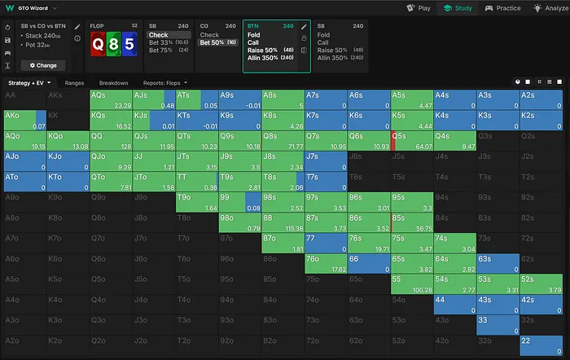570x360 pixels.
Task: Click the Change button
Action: pos(42,64)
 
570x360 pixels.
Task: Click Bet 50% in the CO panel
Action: pos(217,42)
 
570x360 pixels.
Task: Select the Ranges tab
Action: pos(74,82)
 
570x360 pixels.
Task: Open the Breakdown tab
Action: pos(113,82)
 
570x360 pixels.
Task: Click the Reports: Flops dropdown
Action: pos(166,82)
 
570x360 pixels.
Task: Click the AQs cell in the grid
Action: pos(112,99)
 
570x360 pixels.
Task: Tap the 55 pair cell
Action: pos(412,283)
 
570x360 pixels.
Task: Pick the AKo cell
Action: pos(24,120)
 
